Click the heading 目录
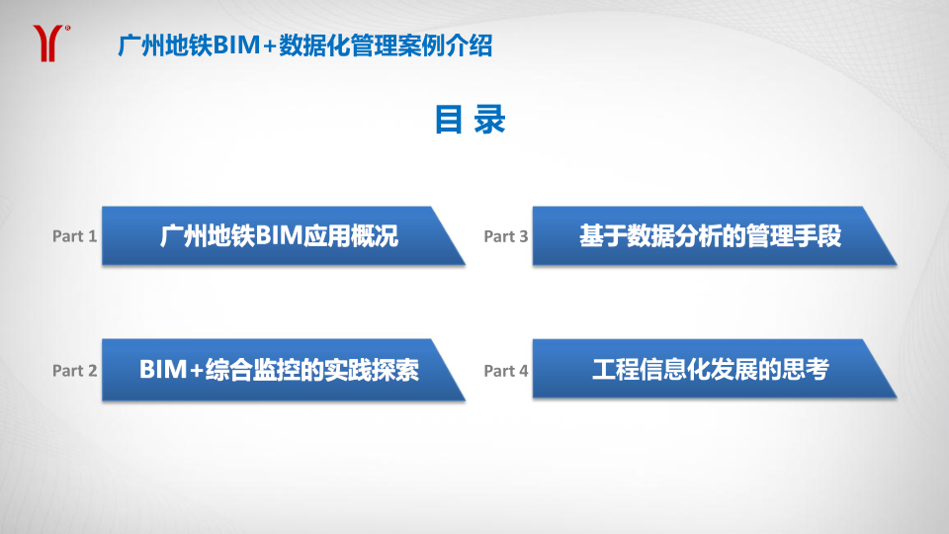pos(471,120)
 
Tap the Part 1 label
pos(74,236)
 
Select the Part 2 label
pos(74,371)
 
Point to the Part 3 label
pos(506,236)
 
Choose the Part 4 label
pos(506,371)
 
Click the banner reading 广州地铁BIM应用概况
pos(284,235)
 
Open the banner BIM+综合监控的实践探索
pos(284,370)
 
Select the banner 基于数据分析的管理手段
pos(714,235)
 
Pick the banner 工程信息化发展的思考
pos(714,369)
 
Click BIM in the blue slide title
pos(236,45)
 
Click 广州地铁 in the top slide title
pos(165,45)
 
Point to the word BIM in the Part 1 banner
pos(279,235)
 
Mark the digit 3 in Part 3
pos(524,236)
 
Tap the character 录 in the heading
pos(489,120)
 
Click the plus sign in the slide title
pos(270,46)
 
